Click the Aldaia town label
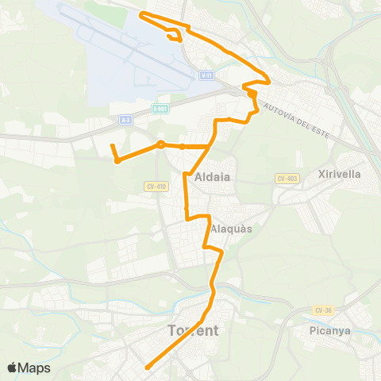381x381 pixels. coord(212,177)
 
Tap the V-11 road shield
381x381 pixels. coord(206,74)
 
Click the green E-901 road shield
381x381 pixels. coord(159,106)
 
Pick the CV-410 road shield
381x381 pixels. coord(156,187)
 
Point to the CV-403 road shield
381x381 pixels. coord(287,179)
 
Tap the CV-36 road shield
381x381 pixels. coord(323,310)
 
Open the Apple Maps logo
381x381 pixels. coord(29,368)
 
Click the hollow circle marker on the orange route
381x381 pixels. coord(160,144)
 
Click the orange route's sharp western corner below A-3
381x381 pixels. coord(117,160)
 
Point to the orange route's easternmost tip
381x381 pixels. coord(271,81)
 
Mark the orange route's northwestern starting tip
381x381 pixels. coord(141,14)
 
